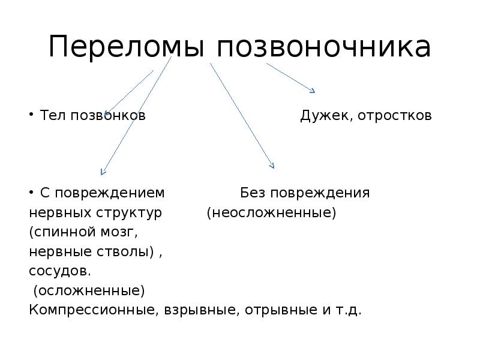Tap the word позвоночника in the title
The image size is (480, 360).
(x=323, y=47)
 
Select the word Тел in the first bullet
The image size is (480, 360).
(x=53, y=115)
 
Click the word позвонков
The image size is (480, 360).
(x=108, y=115)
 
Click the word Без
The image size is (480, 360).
(x=253, y=193)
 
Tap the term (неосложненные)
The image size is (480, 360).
(x=271, y=213)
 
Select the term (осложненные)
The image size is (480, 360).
(x=89, y=291)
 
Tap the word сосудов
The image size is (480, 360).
(x=60, y=271)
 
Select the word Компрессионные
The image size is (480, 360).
(x=93, y=311)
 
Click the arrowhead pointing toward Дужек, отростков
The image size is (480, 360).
(x=312, y=91)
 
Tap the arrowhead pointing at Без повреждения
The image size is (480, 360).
(x=272, y=166)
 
